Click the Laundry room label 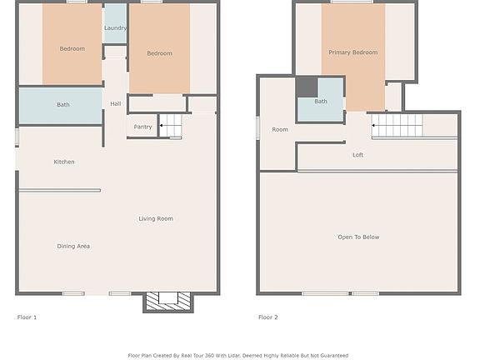[115, 28]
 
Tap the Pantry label [142, 127]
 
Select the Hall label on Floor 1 [115, 103]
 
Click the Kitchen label [64, 162]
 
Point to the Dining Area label [73, 246]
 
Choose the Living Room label [156, 218]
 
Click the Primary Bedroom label [352, 52]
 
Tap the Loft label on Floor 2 [357, 155]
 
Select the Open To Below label [358, 237]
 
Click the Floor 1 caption [27, 317]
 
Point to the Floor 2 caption [268, 317]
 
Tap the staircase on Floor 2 [397, 126]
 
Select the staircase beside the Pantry [171, 127]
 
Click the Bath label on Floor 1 [63, 105]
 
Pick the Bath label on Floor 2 [321, 102]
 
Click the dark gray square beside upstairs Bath [307, 87]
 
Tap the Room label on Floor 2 [280, 129]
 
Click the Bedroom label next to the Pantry [159, 53]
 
